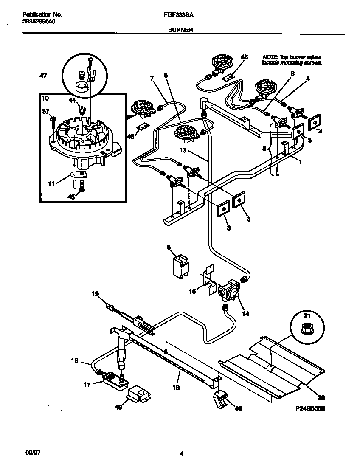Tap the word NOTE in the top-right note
tap(270, 57)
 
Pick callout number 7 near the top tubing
tap(151, 77)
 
